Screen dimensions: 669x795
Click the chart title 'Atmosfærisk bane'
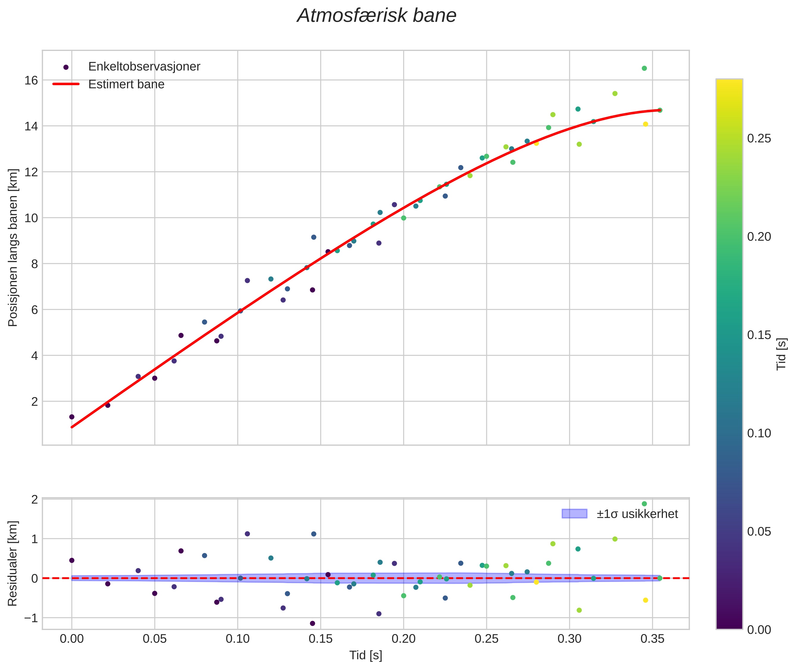(x=377, y=16)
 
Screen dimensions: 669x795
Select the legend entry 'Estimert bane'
(x=126, y=84)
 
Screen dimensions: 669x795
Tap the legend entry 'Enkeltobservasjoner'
(x=144, y=67)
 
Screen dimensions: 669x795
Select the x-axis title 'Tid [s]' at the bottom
(x=366, y=655)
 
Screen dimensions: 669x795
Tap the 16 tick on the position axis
(x=32, y=80)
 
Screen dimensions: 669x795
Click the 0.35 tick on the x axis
(x=653, y=639)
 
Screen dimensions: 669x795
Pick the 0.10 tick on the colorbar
(x=759, y=433)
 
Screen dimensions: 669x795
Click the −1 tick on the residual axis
(x=31, y=618)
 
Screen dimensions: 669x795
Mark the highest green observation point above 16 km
(x=644, y=68)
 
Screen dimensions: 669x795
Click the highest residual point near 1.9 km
(x=644, y=504)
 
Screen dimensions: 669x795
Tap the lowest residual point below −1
(x=313, y=623)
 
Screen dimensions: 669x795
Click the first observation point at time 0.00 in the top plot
(x=72, y=417)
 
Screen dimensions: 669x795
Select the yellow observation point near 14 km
(x=645, y=124)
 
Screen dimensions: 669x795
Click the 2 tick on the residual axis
(x=35, y=500)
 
